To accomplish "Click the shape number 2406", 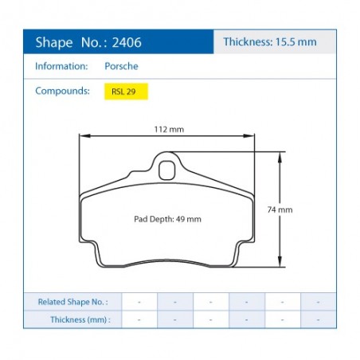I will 127,41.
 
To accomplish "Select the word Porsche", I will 121,66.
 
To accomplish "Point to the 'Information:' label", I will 61,66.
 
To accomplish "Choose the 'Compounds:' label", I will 62,91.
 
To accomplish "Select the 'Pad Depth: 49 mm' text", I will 167,218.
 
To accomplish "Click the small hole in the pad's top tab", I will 166,169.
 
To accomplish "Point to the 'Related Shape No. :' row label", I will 72,303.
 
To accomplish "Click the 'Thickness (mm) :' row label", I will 79,319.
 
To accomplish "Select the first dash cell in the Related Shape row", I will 139,303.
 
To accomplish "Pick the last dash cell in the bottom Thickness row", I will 318,319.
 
